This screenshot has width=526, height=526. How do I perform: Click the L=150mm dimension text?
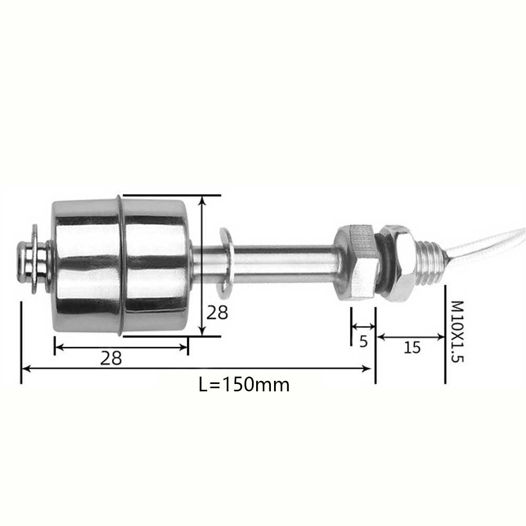(244, 385)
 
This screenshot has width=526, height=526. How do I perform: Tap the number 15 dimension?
(412, 348)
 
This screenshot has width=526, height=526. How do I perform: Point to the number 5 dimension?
(363, 342)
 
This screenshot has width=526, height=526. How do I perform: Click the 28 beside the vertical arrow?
(217, 313)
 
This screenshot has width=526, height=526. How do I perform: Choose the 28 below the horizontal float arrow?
(111, 358)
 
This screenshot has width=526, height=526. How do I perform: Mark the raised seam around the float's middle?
(120, 266)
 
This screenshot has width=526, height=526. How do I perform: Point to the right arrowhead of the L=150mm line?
(369, 369)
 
